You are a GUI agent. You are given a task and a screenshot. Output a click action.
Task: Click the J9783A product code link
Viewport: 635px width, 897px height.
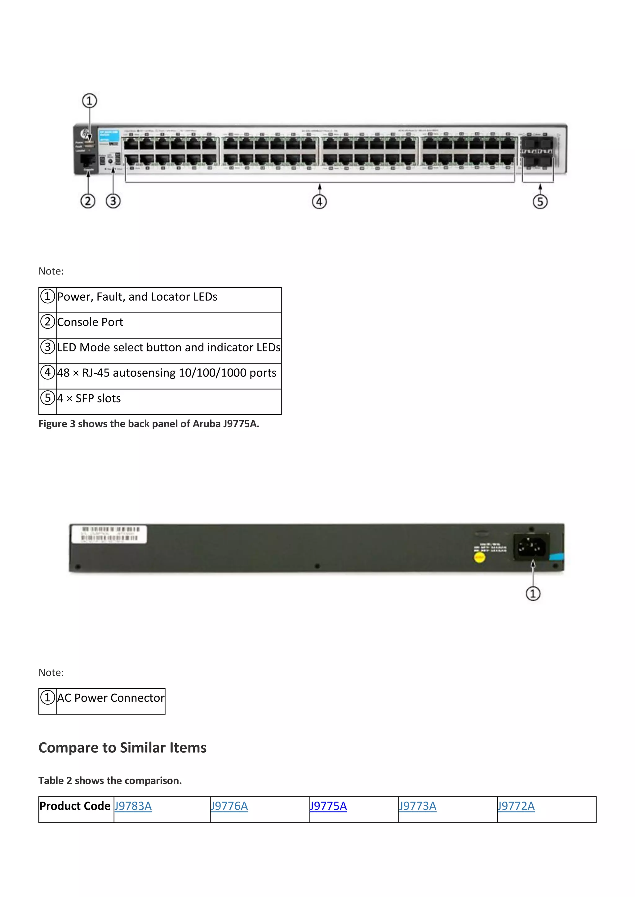pos(133,806)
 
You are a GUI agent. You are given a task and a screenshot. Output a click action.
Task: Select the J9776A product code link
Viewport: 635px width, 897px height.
pos(229,806)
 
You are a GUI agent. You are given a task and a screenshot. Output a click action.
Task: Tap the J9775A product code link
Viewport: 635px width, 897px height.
pos(328,806)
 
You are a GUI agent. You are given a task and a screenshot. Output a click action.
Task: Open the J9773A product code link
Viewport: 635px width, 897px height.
pos(417,806)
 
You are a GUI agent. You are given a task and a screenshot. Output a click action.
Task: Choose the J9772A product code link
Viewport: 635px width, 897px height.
pos(516,806)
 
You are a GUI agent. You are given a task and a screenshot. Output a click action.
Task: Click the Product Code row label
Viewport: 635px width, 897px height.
pos(75,806)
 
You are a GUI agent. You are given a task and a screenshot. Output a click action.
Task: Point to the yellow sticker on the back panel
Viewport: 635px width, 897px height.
pos(479,557)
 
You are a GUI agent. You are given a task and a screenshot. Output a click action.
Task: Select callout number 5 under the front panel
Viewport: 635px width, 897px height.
pos(540,202)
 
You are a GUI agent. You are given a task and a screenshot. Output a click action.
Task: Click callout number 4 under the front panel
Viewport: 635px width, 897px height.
pos(319,202)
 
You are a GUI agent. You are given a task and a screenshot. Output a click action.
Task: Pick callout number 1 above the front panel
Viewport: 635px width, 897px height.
pos(89,101)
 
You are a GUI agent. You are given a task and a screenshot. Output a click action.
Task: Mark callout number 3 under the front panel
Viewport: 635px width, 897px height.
pos(113,201)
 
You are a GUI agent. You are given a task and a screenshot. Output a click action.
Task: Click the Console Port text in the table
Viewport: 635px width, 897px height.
pos(90,322)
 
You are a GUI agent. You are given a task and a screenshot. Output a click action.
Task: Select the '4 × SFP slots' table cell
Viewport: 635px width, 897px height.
pos(89,398)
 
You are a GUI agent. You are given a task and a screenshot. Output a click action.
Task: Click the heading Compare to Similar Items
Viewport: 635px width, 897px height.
pos(122,747)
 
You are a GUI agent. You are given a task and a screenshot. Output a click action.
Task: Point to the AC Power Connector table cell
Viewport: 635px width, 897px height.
pos(111,698)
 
